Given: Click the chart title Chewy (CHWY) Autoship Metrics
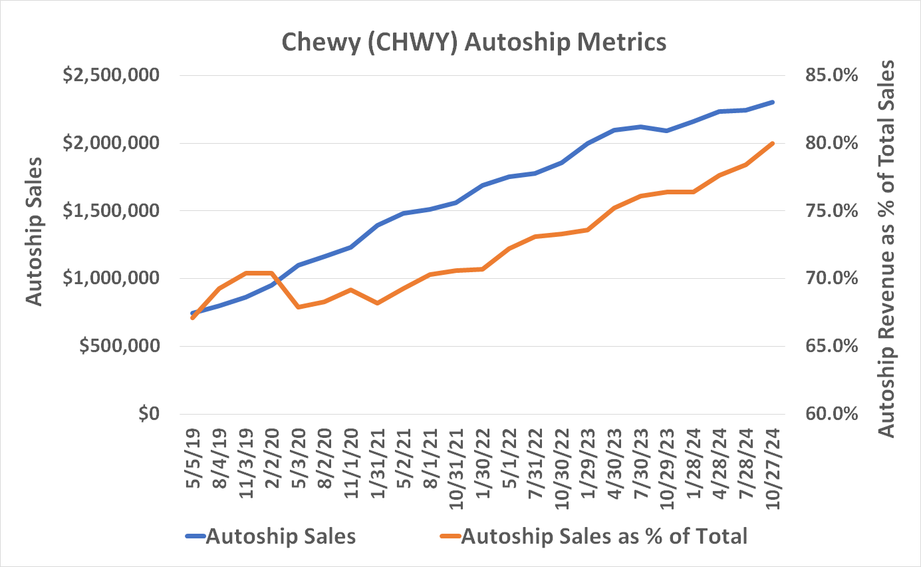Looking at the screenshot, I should pos(473,42).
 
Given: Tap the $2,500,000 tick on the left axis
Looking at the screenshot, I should pos(110,75).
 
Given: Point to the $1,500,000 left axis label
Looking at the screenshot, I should pos(110,211).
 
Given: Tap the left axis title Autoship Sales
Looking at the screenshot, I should pos(34,232).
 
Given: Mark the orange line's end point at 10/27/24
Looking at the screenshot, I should pos(773,143).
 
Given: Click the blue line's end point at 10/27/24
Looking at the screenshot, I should pos(773,102).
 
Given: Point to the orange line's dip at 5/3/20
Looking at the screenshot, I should pos(298,307).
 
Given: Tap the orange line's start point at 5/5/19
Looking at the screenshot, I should pos(192,318).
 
